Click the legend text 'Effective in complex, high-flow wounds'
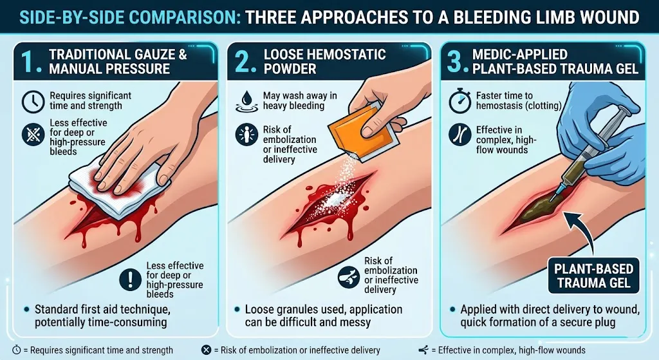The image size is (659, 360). point(512,350)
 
